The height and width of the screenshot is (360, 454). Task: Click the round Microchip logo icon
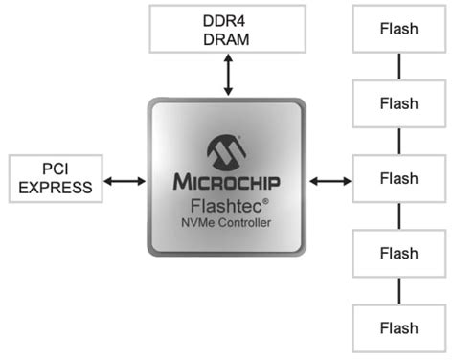227,150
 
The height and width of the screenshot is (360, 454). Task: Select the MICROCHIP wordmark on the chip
227,181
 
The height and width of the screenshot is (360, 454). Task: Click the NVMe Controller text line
227,224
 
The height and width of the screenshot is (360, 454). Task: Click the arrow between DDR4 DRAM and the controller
228,75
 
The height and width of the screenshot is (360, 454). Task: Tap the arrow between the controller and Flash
331,179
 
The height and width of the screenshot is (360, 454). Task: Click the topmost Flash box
398,29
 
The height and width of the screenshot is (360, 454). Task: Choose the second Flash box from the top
398,103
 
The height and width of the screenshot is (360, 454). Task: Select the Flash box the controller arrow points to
398,179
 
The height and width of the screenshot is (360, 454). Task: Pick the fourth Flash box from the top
398,254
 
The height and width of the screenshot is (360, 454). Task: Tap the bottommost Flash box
398,328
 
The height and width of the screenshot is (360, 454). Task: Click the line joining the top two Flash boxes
398,66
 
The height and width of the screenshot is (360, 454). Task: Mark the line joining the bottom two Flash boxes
398,291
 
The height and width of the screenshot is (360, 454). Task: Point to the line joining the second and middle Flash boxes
398,141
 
